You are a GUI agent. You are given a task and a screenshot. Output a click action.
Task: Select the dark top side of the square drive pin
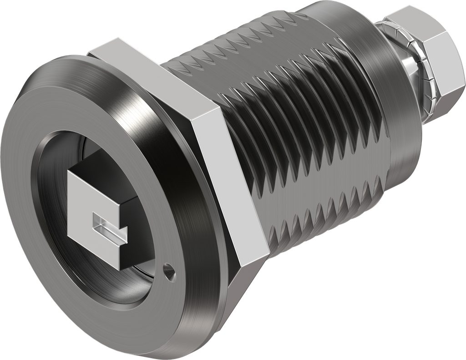pyautogui.click(x=109, y=162)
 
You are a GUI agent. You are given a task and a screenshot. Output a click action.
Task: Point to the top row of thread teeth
pyautogui.click(x=255, y=50)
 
